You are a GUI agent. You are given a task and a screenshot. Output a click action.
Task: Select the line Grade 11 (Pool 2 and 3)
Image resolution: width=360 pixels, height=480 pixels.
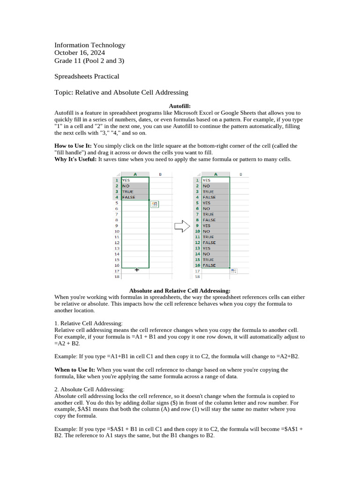[x=89, y=61]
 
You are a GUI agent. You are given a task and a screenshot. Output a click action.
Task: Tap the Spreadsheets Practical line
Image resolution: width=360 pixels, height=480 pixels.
[x=87, y=76]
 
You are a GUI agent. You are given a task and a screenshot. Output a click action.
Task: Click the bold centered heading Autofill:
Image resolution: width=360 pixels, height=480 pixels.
[x=180, y=106]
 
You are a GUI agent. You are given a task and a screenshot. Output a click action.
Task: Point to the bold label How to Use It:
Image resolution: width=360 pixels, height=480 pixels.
[x=73, y=146]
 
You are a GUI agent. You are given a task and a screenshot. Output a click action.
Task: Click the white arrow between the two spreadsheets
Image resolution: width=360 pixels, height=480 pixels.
[x=181, y=226]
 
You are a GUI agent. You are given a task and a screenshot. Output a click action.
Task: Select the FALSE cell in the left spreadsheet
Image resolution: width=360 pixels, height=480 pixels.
[x=129, y=197]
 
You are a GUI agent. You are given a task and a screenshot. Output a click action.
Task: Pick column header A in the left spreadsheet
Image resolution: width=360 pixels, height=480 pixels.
[x=135, y=174]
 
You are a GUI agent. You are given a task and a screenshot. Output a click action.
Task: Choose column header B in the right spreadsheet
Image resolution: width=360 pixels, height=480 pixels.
[x=240, y=174]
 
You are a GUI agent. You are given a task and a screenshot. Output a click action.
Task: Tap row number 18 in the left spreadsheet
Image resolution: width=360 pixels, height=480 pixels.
[x=117, y=277]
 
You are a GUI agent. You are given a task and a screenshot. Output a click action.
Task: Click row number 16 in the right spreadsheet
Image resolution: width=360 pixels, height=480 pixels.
[x=197, y=265]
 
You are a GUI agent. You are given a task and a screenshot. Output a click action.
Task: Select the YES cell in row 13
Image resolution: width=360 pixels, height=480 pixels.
[x=207, y=248]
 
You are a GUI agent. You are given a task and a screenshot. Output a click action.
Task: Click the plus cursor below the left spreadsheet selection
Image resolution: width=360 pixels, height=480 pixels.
[x=137, y=270]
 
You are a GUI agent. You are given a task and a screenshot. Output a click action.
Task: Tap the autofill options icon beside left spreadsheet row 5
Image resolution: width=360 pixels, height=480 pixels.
[x=155, y=204]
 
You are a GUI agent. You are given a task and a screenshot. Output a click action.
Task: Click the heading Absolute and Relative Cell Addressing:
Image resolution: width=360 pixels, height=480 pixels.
[x=180, y=291]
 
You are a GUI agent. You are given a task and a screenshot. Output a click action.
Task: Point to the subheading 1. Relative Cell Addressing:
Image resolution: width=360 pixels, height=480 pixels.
[x=89, y=323]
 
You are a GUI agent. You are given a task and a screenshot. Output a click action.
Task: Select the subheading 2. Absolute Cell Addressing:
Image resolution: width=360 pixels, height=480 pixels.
[x=90, y=390]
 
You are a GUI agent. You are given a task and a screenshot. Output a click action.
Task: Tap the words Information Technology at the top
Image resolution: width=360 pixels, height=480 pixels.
[x=90, y=45]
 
